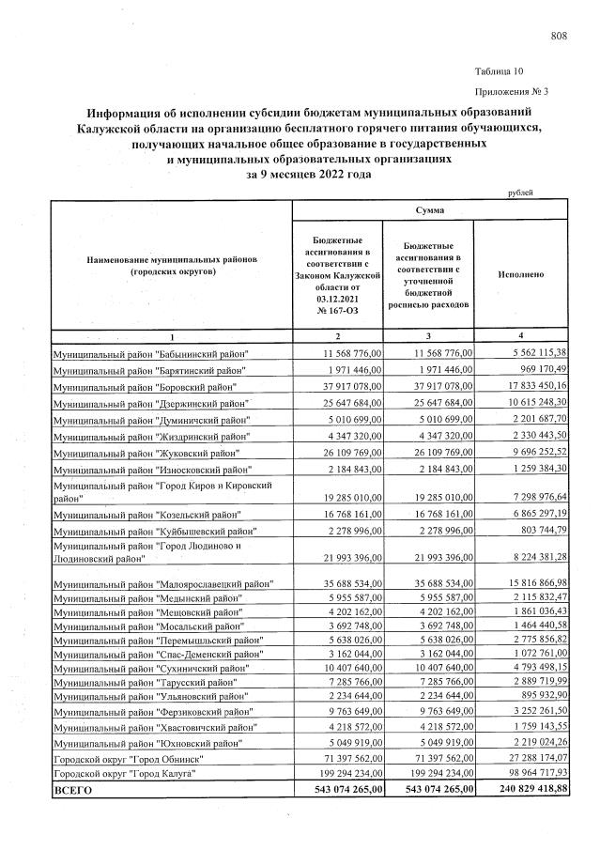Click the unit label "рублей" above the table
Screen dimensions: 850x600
pyautogui.click(x=519, y=193)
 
